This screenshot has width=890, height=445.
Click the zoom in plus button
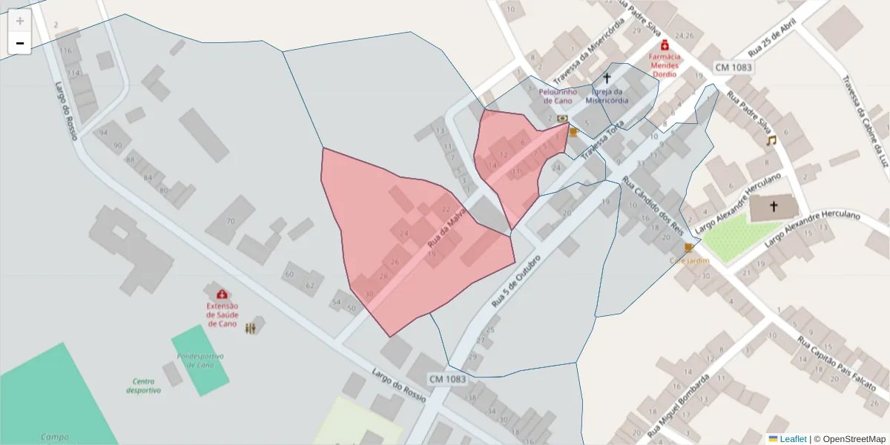(x=20, y=21)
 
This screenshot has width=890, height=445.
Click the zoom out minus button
(x=20, y=43)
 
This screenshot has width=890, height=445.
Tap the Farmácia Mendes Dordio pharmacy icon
(x=665, y=44)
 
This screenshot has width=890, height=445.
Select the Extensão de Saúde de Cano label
(x=222, y=314)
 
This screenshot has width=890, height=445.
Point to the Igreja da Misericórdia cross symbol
(x=607, y=78)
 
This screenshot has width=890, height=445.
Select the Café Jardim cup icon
(x=688, y=248)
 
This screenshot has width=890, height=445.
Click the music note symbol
(x=771, y=140)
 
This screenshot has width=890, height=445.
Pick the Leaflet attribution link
(x=792, y=438)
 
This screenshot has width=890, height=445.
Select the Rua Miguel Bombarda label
(x=679, y=406)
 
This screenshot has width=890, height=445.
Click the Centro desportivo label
(x=143, y=385)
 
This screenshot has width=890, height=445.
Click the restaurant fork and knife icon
(x=251, y=327)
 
